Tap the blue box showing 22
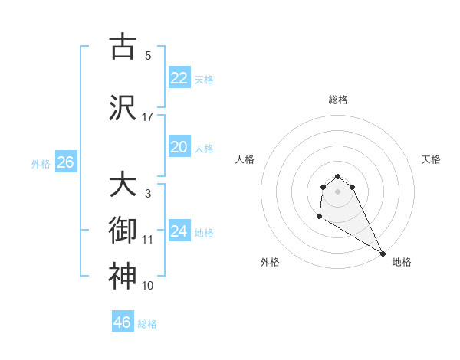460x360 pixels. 179,78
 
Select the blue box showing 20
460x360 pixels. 179,147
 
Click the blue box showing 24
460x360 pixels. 179,231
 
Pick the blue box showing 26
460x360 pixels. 65,162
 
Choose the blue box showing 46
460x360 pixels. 123,322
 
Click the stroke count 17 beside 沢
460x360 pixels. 148,117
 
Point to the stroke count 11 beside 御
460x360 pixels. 148,240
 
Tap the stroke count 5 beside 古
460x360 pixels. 148,56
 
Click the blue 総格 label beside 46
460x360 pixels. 147,324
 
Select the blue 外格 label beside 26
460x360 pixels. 41,163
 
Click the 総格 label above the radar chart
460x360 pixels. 338,100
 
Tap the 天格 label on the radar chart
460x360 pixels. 431,159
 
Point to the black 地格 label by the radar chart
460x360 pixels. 402,262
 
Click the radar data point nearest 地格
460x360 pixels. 383,253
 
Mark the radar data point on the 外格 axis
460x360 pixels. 319,218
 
